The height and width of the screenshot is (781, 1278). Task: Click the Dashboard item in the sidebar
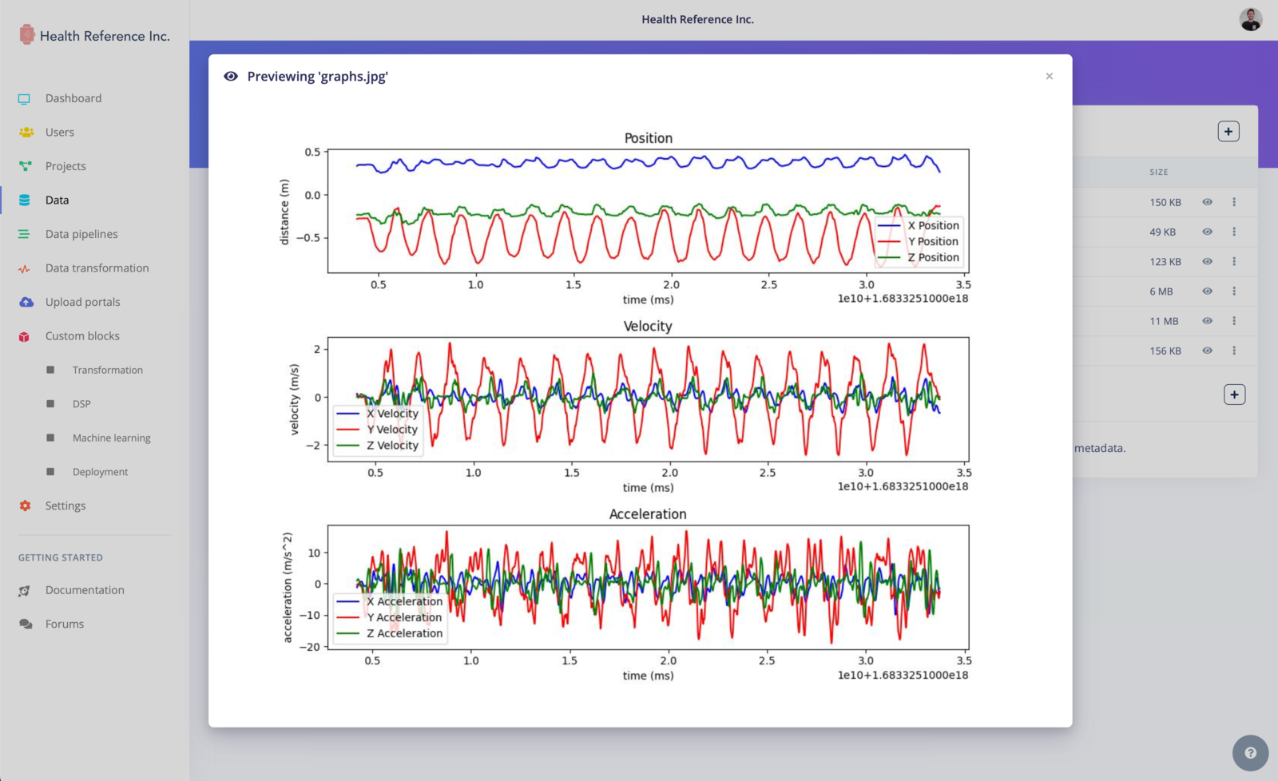coord(73,98)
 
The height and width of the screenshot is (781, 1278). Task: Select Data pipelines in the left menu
coord(81,234)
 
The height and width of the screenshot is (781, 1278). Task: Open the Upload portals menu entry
coord(82,302)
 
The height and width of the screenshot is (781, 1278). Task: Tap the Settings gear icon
coord(26,505)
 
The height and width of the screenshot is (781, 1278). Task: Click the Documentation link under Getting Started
coord(85,590)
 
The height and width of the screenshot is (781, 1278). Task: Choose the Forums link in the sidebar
coord(64,624)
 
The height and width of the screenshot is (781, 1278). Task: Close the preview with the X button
coord(1049,77)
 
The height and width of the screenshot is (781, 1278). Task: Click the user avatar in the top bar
coord(1250,19)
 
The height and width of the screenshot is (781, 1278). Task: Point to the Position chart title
coord(648,138)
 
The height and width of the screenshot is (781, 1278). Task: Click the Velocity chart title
coord(647,326)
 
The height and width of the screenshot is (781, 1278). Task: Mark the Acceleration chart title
coord(647,514)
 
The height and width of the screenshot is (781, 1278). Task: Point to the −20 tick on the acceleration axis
coord(310,646)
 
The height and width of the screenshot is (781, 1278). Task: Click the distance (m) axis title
coord(284,212)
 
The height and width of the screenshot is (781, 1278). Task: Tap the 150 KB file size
coord(1165,203)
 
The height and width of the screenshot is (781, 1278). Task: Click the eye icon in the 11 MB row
coord(1207,321)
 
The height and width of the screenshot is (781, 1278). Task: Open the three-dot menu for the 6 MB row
coord(1234,291)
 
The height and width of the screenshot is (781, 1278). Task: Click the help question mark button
coord(1250,753)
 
